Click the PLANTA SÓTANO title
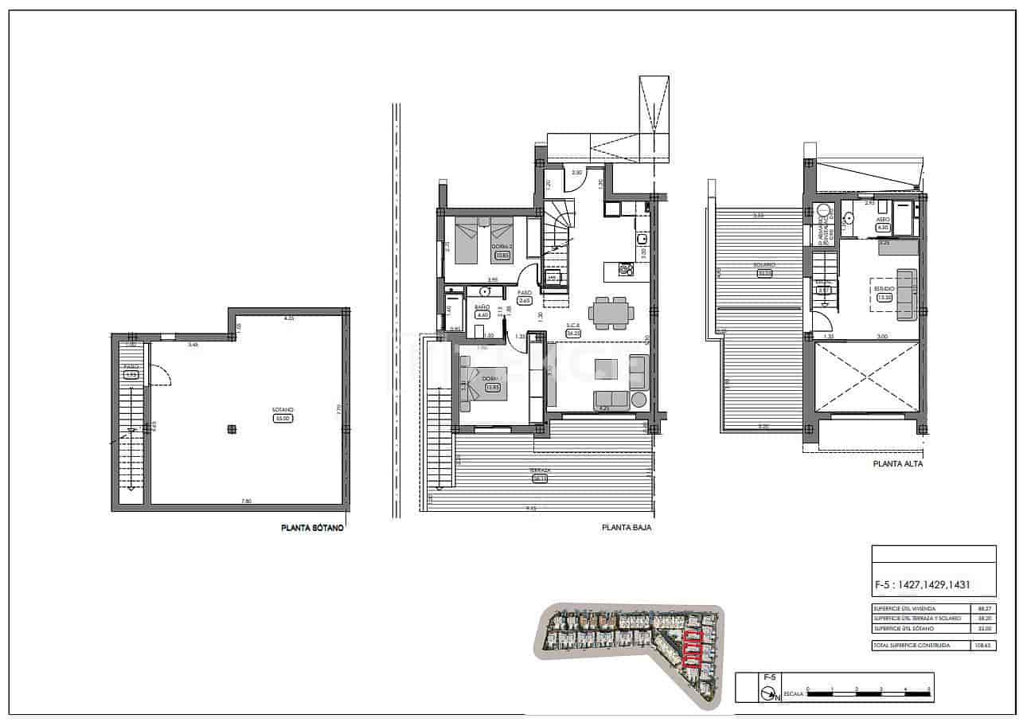(313, 527)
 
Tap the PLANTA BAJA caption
(627, 526)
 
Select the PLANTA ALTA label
(898, 463)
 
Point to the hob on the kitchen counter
(626, 271)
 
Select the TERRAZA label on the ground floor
(541, 470)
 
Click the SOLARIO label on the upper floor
(765, 265)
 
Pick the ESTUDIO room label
(884, 289)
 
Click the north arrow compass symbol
(768, 694)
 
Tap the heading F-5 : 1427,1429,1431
(923, 585)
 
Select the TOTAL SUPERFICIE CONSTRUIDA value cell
(984, 646)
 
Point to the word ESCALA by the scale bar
(794, 695)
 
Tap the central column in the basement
(232, 429)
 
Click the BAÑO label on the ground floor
(482, 306)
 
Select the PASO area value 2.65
(525, 301)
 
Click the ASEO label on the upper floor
(883, 219)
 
